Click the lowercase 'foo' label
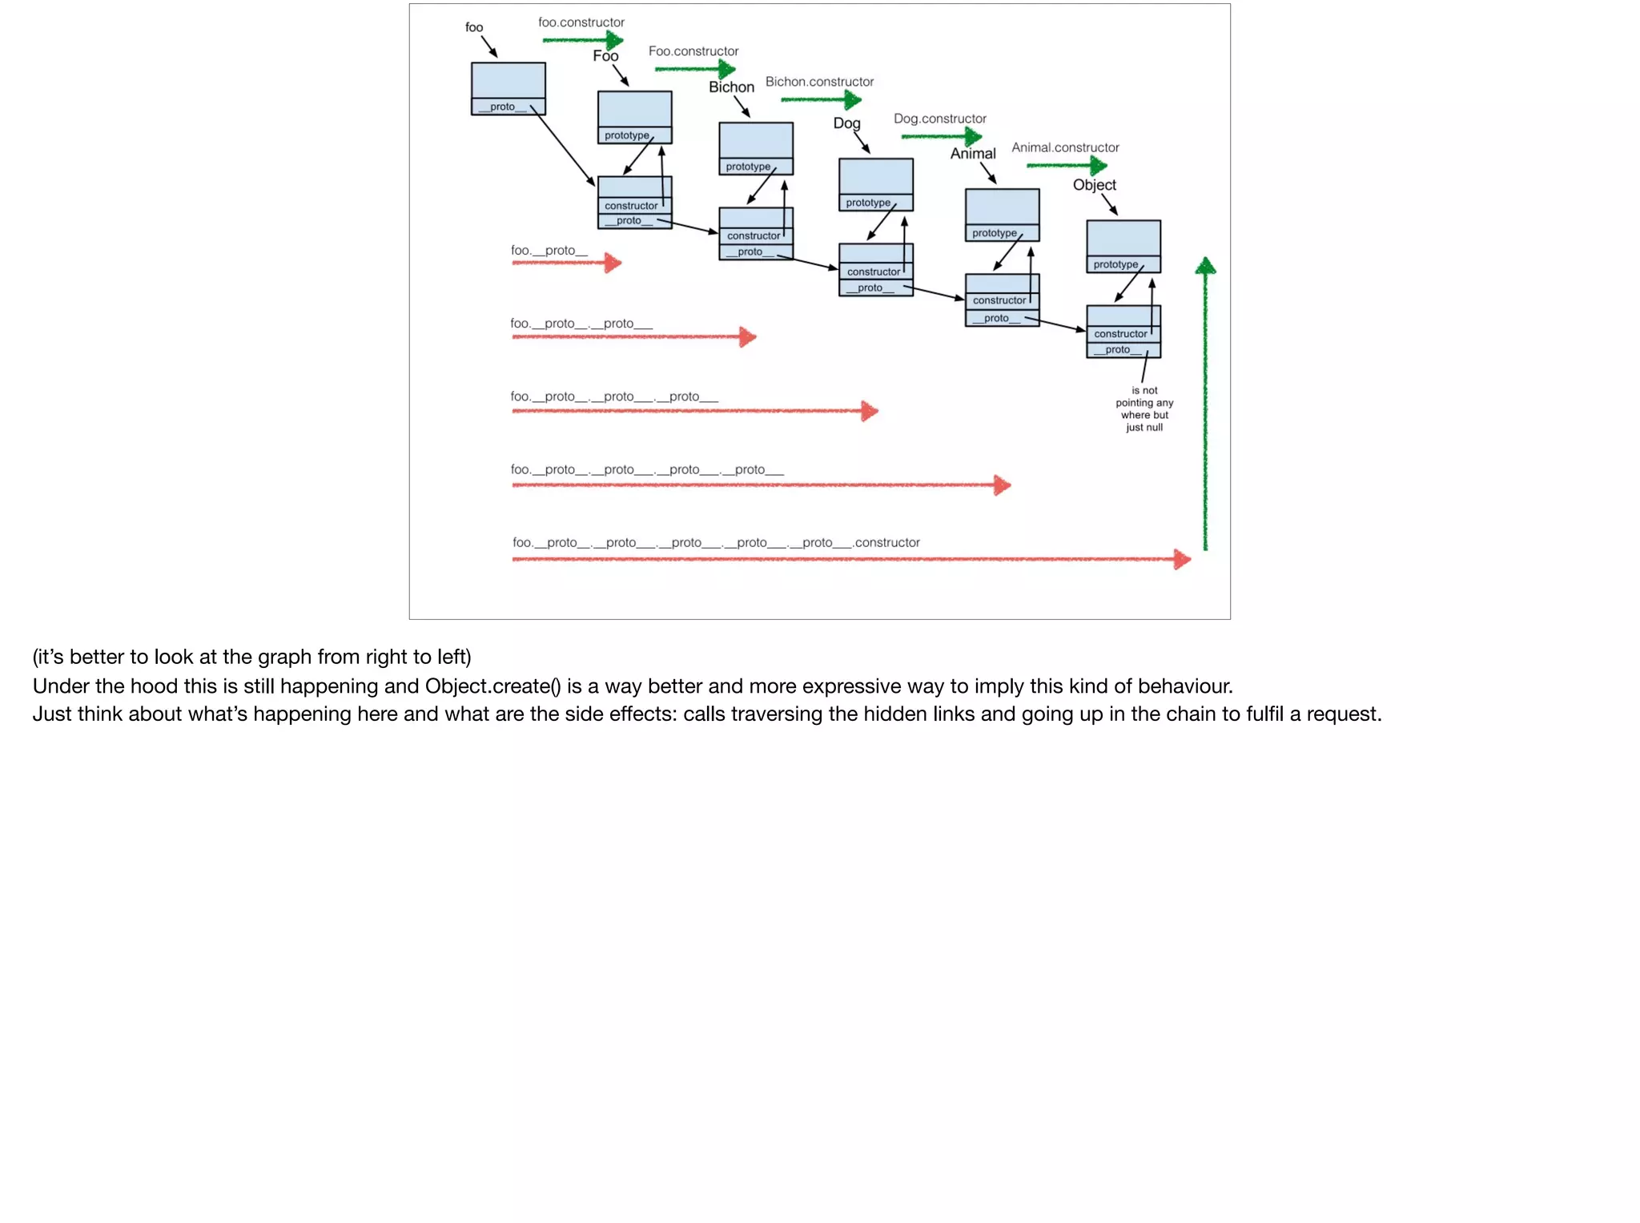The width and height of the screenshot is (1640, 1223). tap(474, 27)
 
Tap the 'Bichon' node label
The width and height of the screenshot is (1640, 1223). tap(731, 87)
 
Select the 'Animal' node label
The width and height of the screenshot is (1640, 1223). tap(973, 154)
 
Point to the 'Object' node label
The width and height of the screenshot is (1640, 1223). tap(1094, 185)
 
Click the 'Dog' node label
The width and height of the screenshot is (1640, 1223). tap(846, 123)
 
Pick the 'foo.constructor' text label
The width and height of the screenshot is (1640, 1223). tap(581, 22)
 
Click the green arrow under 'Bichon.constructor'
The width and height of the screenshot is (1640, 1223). tap(821, 99)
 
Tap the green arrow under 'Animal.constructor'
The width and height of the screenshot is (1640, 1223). tap(1067, 166)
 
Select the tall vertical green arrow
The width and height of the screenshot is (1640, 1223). tap(1205, 404)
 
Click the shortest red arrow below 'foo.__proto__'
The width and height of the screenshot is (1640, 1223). tap(566, 263)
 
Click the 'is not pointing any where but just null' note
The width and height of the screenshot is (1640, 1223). tap(1144, 409)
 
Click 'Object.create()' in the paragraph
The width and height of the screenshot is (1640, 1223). tap(492, 686)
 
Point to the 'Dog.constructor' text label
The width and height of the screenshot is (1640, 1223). tap(939, 119)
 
